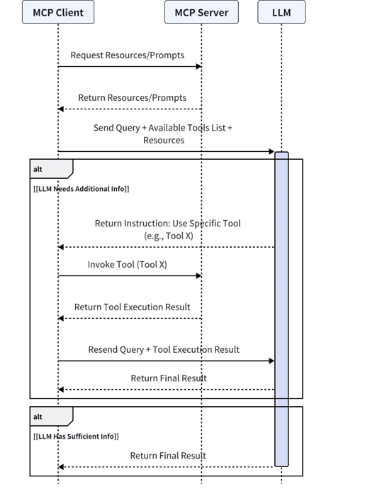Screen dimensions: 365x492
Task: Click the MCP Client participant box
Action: click(58, 12)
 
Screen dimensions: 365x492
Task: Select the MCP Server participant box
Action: click(201, 12)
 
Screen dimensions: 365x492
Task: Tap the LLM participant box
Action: click(281, 12)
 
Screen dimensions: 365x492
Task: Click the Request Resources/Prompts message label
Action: click(127, 55)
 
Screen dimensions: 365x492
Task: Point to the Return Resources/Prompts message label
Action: click(133, 98)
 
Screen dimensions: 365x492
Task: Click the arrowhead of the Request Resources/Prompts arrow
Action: click(198, 67)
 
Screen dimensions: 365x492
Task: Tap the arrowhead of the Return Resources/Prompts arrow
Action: click(61, 109)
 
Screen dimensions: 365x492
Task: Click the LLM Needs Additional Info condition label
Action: click(81, 189)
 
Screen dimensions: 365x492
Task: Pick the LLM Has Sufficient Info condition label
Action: click(76, 437)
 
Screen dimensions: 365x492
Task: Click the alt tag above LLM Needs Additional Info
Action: click(38, 170)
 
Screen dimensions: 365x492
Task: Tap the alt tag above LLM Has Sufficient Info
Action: click(38, 417)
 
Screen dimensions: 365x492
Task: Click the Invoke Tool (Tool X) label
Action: click(127, 265)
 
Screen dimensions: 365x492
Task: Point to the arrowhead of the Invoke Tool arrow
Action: click(198, 275)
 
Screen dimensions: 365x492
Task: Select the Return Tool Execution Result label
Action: click(133, 307)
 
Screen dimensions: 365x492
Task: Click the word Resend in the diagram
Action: click(100, 350)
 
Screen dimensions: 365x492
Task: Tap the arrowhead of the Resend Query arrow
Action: click(271, 361)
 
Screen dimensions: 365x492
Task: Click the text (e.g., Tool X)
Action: click(169, 236)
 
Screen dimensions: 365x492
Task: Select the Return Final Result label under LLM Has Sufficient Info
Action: click(168, 456)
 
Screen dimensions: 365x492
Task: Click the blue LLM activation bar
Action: click(281, 309)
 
